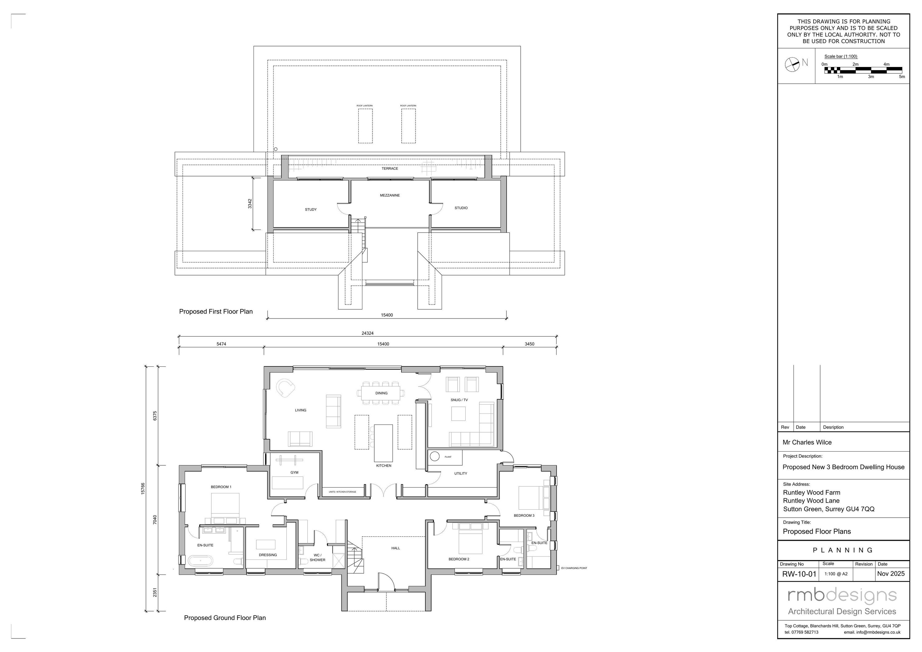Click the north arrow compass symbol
[792, 64]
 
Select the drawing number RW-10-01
[799, 574]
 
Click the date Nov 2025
[891, 574]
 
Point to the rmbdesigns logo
[842, 596]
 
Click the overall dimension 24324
[368, 333]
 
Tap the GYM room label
[294, 472]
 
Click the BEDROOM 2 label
[459, 559]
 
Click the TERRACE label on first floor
[389, 169]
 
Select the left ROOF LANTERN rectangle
[365, 126]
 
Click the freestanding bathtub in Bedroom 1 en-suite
[200, 561]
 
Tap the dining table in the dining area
[381, 393]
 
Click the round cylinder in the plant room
[435, 456]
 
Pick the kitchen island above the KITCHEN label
[383, 443]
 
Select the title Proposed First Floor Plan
[216, 311]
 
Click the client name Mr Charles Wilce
[807, 442]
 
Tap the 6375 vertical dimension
[155, 416]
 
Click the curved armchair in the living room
[286, 388]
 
